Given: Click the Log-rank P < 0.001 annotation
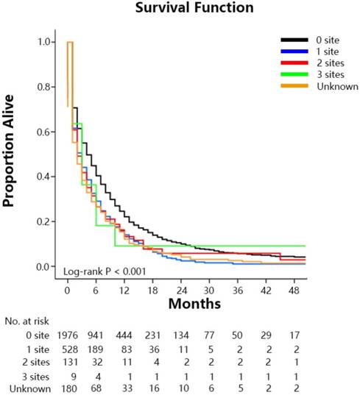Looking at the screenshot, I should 105,271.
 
